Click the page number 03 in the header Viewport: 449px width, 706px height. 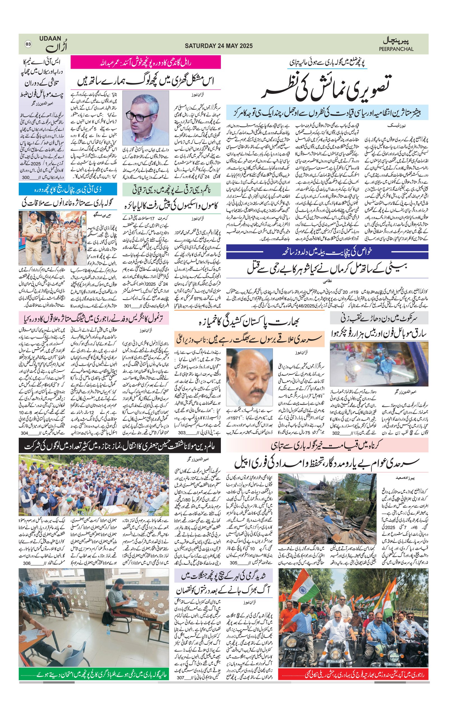click(x=28, y=44)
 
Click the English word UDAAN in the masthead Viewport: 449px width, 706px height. click(x=50, y=38)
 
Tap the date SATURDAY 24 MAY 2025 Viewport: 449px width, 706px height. click(x=218, y=46)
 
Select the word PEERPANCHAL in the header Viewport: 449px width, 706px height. click(x=396, y=49)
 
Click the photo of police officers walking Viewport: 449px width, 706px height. click(x=52, y=238)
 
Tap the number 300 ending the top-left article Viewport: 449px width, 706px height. click(x=26, y=177)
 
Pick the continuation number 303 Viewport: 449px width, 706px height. click(x=182, y=433)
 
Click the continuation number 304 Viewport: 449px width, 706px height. click(x=24, y=433)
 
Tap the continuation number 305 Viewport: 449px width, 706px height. click(x=233, y=563)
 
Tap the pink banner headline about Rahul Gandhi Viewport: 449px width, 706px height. click(x=145, y=62)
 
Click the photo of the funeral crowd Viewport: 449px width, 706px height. click(x=94, y=485)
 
